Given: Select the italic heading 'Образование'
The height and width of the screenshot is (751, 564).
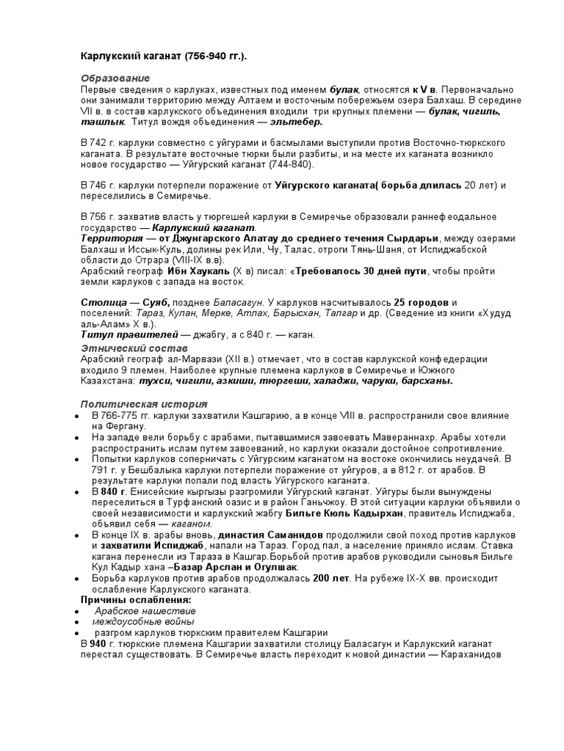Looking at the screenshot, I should (115, 78).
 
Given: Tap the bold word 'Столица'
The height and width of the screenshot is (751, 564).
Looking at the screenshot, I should (101, 303).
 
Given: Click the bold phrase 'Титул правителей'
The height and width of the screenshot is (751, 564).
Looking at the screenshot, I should (121, 334).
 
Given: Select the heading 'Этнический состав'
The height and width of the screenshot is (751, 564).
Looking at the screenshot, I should (134, 346).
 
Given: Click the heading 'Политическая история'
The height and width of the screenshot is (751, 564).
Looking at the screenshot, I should (143, 404).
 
